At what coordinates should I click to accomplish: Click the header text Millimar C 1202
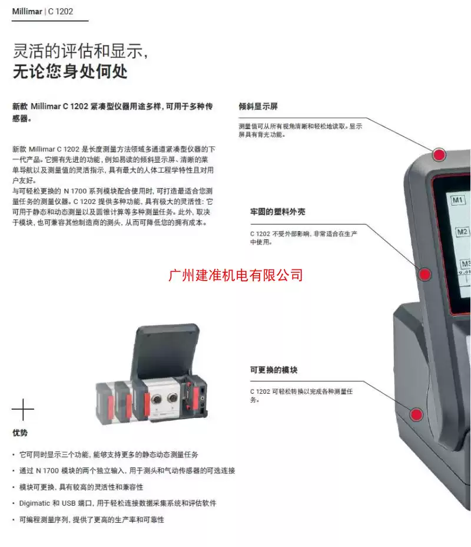(43, 11)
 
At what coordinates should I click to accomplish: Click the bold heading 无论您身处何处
(70, 73)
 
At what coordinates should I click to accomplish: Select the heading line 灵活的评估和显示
(79, 51)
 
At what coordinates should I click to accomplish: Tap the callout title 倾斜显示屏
(258, 107)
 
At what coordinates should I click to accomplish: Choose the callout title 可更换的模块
(274, 370)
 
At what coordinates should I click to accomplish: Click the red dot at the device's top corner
(439, 155)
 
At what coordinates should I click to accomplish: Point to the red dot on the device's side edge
(424, 273)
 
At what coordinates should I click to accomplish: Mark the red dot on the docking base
(416, 414)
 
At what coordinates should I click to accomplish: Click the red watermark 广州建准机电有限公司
(235, 275)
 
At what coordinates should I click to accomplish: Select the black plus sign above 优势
(23, 410)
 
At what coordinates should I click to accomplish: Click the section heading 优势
(20, 433)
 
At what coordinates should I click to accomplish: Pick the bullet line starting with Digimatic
(118, 503)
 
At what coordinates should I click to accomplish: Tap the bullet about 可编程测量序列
(91, 520)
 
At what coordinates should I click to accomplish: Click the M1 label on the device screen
(458, 200)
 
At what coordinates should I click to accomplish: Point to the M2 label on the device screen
(463, 232)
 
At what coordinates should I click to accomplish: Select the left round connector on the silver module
(158, 400)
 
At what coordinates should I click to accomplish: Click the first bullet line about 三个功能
(108, 454)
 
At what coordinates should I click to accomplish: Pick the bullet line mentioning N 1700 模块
(127, 470)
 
